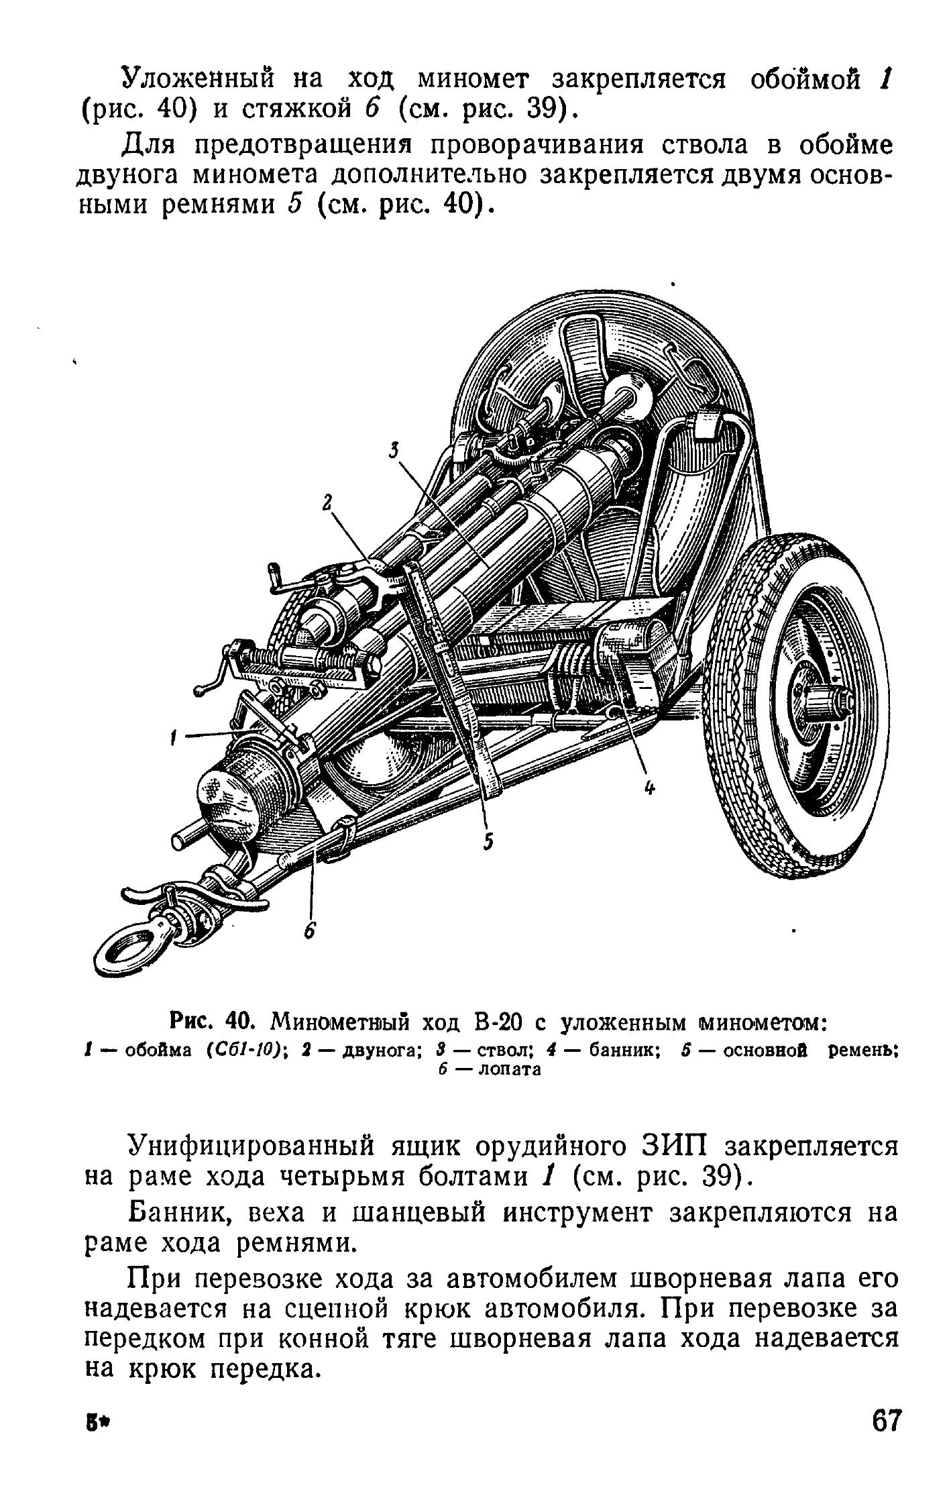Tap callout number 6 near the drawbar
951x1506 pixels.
(x=309, y=932)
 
